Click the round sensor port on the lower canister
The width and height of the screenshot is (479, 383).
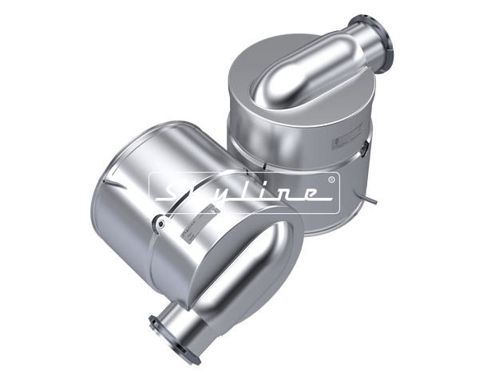160,226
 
